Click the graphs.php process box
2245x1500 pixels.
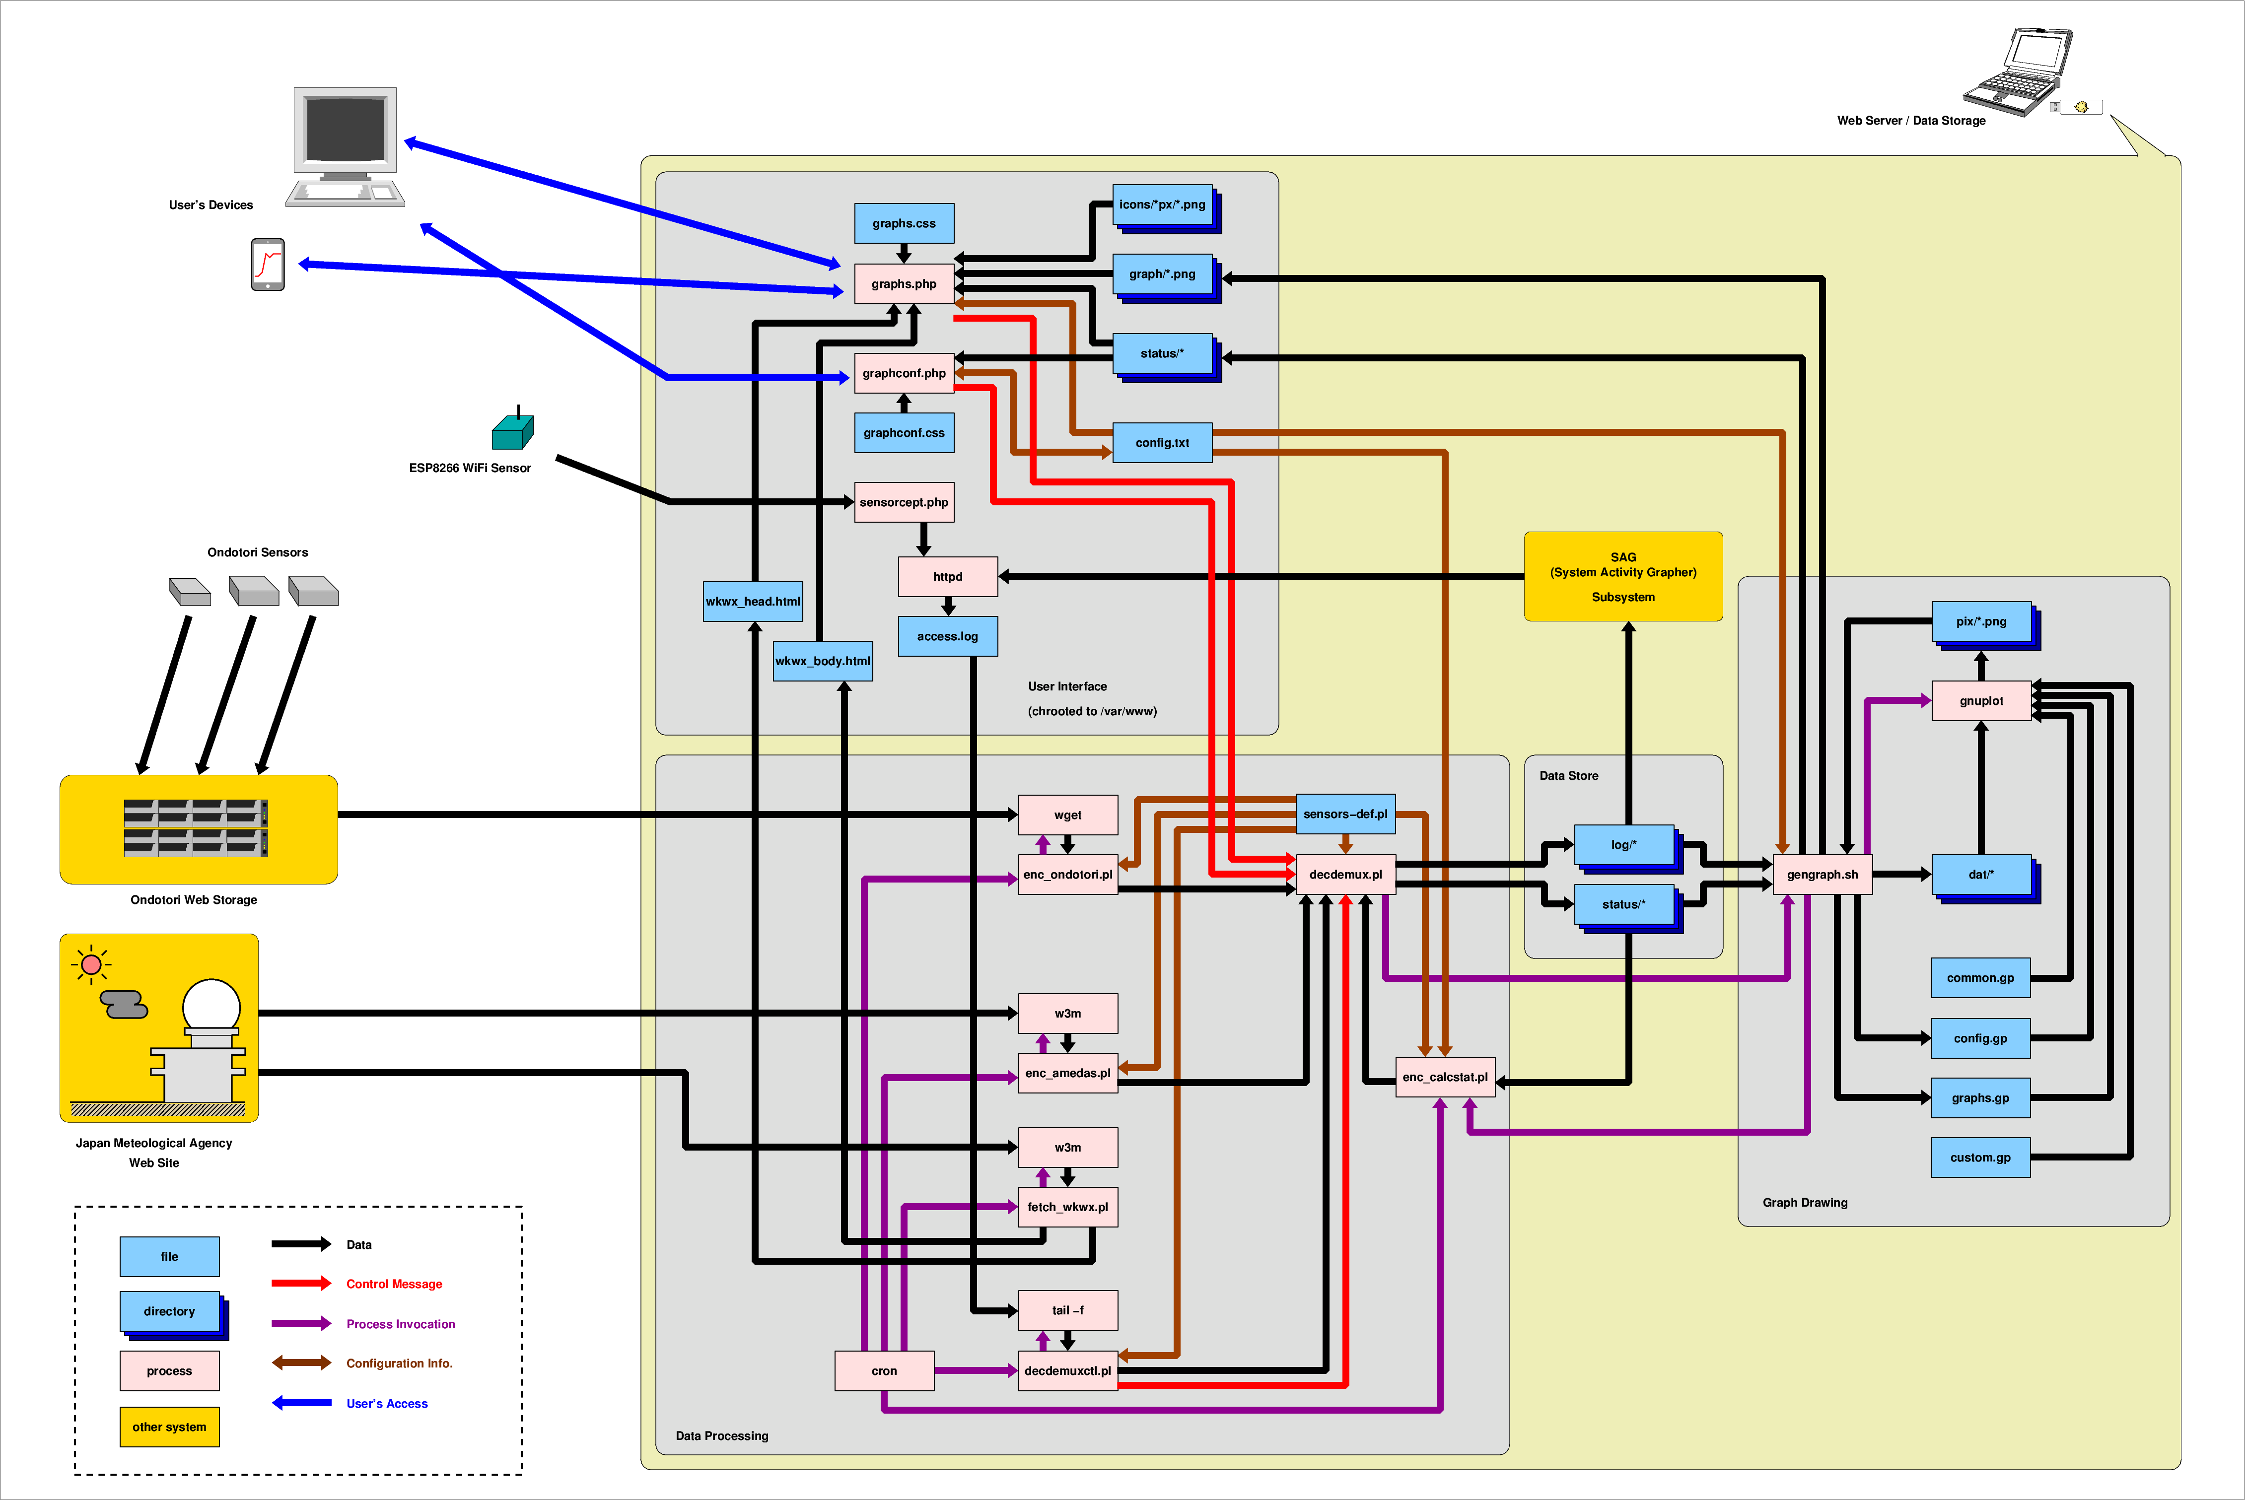[x=903, y=284]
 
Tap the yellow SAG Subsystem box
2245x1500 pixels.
[x=1622, y=577]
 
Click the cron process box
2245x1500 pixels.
[x=884, y=1371]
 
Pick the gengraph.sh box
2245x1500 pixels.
[x=1821, y=875]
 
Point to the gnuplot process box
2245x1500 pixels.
[x=1980, y=701]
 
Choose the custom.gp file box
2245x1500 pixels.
[x=1980, y=1158]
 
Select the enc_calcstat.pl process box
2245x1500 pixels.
[x=1444, y=1077]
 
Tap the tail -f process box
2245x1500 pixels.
[x=1067, y=1310]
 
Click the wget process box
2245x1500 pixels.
[x=1067, y=815]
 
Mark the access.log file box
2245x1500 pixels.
[x=947, y=636]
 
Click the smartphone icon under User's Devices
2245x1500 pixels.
[x=268, y=264]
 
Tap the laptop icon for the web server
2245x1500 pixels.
[x=2018, y=72]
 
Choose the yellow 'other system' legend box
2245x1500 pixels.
[x=169, y=1427]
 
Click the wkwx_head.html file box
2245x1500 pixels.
[x=753, y=602]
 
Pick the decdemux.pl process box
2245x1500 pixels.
[x=1345, y=875]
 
